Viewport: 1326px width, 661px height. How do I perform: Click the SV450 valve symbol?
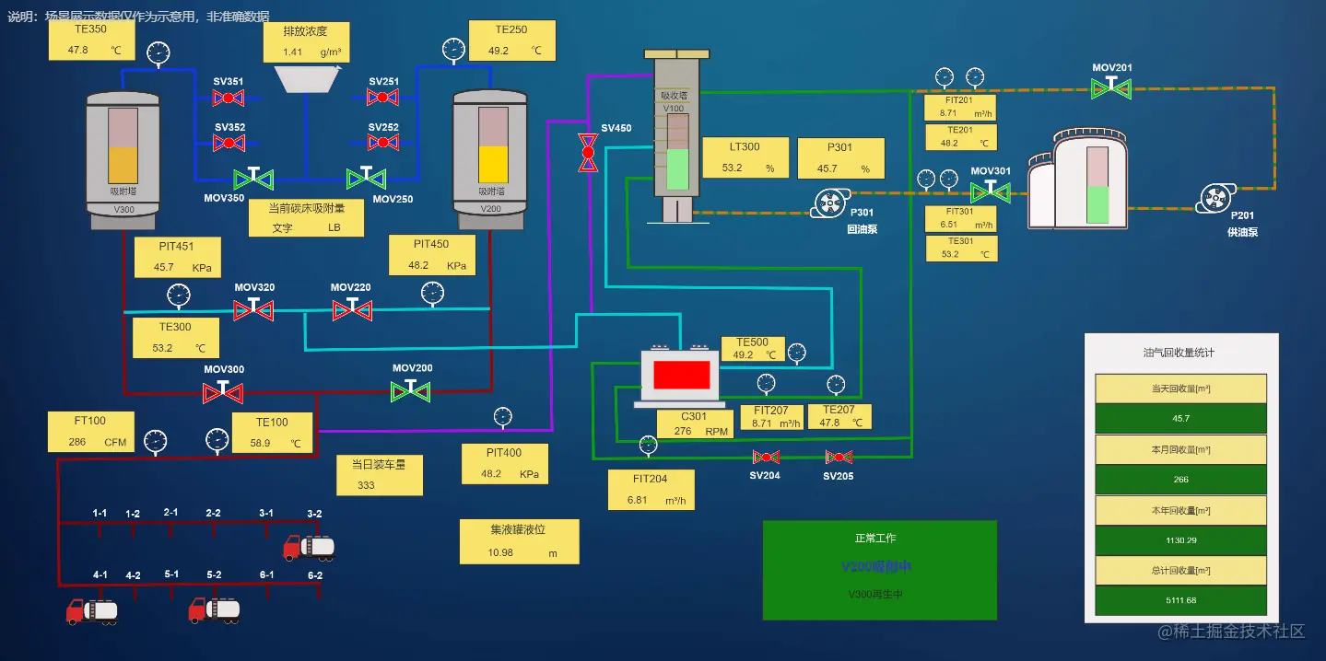(587, 152)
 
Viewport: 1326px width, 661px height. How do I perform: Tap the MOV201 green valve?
(1111, 87)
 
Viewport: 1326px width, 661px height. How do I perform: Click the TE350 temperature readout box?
(91, 41)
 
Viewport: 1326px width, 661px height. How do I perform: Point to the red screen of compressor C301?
(681, 375)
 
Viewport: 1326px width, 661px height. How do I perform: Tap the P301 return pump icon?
(828, 203)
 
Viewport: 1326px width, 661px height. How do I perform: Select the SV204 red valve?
(765, 458)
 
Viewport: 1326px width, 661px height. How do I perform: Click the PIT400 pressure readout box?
(504, 464)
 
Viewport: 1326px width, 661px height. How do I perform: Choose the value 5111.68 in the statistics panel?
(1180, 601)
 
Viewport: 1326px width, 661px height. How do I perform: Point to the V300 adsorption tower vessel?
(123, 158)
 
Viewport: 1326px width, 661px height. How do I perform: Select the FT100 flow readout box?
(90, 432)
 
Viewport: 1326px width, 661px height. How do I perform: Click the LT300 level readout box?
(745, 157)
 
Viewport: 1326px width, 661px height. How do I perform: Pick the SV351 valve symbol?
(229, 97)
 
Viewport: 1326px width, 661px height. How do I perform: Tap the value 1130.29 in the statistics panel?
(1180, 540)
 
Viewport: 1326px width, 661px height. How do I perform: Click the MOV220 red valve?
(351, 309)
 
